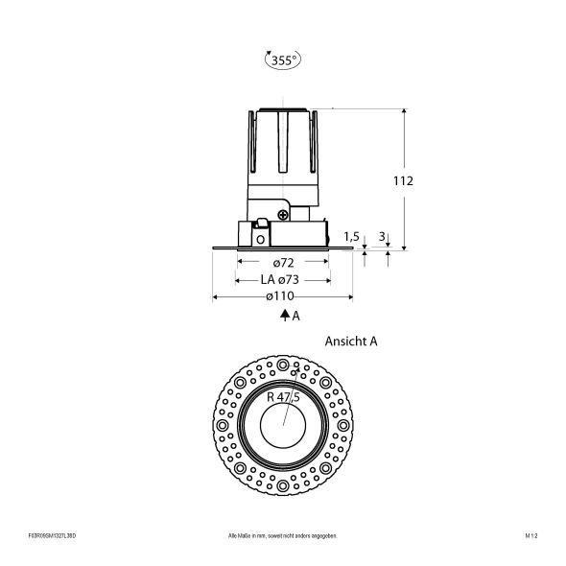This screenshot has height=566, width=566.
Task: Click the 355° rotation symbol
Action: coord(282,60)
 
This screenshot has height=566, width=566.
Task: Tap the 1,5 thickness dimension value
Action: coord(351,235)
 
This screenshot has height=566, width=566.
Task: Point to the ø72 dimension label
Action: coord(282,262)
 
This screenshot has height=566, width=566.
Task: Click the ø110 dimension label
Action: coord(282,296)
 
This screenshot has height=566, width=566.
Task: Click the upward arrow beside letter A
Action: coord(284,316)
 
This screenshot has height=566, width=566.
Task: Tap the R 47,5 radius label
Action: coord(284,396)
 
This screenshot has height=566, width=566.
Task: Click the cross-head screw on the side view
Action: coord(284,215)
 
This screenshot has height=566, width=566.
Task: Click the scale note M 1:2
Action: coord(531,534)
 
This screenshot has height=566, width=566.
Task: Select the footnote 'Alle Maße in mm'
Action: coord(283,534)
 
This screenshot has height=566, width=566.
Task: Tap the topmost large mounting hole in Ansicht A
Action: coord(283,366)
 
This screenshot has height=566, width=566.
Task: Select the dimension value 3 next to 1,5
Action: coord(383,235)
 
